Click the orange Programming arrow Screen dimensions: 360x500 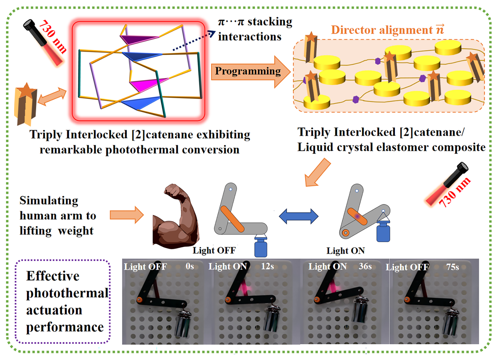click(x=247, y=72)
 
